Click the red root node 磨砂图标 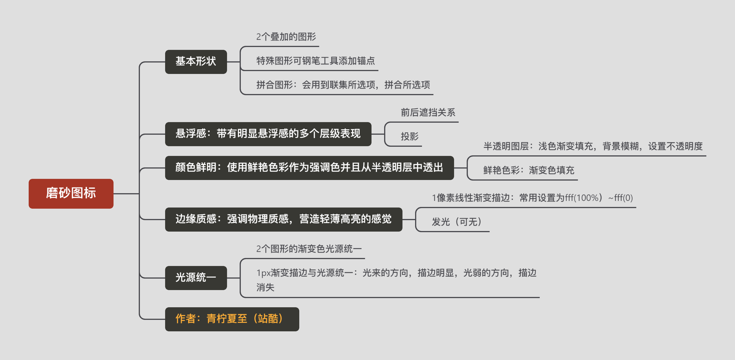(x=71, y=193)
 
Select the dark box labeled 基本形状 (x=196, y=62)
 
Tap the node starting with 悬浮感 (x=268, y=134)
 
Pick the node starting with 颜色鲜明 (x=309, y=168)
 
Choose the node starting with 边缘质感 (x=284, y=219)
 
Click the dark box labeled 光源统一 (x=196, y=278)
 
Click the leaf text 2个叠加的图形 (x=286, y=37)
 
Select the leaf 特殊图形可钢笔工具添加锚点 (x=316, y=61)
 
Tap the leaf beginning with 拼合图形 (x=343, y=85)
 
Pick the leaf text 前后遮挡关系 (x=428, y=113)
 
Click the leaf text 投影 (x=410, y=136)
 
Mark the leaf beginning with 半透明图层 (x=593, y=146)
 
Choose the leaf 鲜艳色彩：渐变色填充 (x=529, y=171)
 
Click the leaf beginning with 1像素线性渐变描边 (x=532, y=198)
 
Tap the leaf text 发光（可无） (x=457, y=222)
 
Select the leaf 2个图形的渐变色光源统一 (x=309, y=249)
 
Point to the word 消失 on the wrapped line (x=265, y=287)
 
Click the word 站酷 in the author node (x=268, y=319)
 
